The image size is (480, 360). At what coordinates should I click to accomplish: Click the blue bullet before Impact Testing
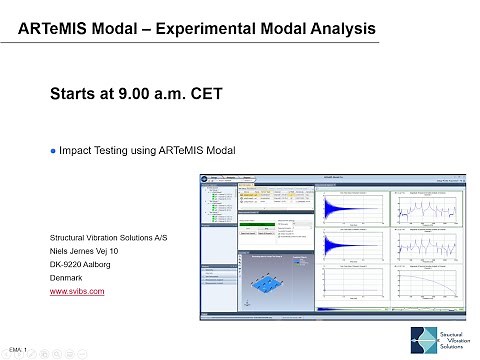pos(54,151)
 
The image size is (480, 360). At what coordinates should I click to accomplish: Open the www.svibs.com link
pos(77,292)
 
